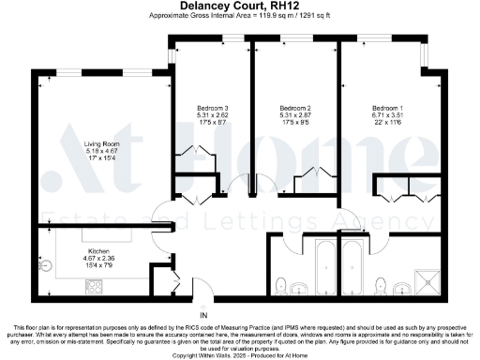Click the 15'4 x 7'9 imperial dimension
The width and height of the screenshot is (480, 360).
[99, 265]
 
